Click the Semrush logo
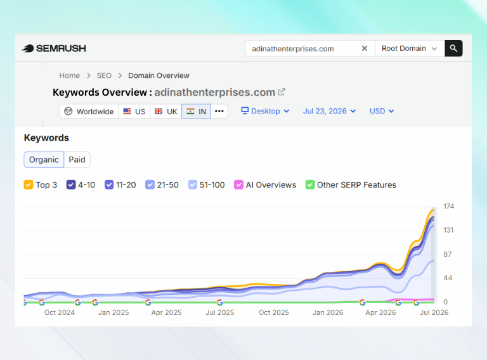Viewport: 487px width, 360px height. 54,48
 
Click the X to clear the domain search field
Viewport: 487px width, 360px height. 365,48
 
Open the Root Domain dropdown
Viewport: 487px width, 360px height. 410,48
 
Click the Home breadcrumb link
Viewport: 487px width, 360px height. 70,75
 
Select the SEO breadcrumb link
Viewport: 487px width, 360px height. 104,75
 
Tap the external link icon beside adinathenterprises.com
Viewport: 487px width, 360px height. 282,92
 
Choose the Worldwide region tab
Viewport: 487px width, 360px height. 89,112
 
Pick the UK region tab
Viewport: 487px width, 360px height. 166,112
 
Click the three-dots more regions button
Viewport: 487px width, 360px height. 219,111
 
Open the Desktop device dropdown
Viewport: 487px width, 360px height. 265,111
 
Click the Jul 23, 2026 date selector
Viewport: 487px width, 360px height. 329,111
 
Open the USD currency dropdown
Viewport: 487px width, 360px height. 382,111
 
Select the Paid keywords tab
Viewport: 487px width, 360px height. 77,160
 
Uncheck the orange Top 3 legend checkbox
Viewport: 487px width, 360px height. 29,184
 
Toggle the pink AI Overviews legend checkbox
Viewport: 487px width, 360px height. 238,184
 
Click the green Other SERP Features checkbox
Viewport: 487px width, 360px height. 310,184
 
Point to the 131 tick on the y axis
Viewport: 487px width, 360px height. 448,230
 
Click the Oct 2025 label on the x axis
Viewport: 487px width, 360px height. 274,312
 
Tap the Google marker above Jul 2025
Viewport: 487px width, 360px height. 219,302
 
